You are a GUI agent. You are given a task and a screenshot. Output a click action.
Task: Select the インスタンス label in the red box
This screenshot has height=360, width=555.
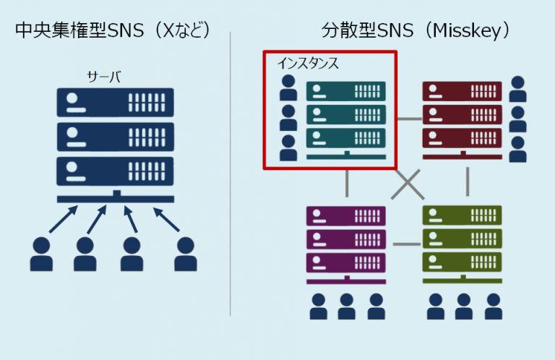coord(307,64)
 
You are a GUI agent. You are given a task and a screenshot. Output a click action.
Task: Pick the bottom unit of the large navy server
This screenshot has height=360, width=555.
coord(116,171)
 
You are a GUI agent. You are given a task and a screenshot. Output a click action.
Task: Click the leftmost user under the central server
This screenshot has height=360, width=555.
coord(42,254)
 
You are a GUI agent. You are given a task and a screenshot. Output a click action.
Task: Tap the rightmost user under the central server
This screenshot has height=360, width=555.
coord(186,254)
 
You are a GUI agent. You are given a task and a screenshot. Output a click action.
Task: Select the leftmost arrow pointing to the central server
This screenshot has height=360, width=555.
coord(62,218)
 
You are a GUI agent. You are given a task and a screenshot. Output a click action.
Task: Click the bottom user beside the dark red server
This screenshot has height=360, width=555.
coord(517,149)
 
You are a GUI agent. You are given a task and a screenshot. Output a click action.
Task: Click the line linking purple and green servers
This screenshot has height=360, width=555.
coord(406,244)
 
